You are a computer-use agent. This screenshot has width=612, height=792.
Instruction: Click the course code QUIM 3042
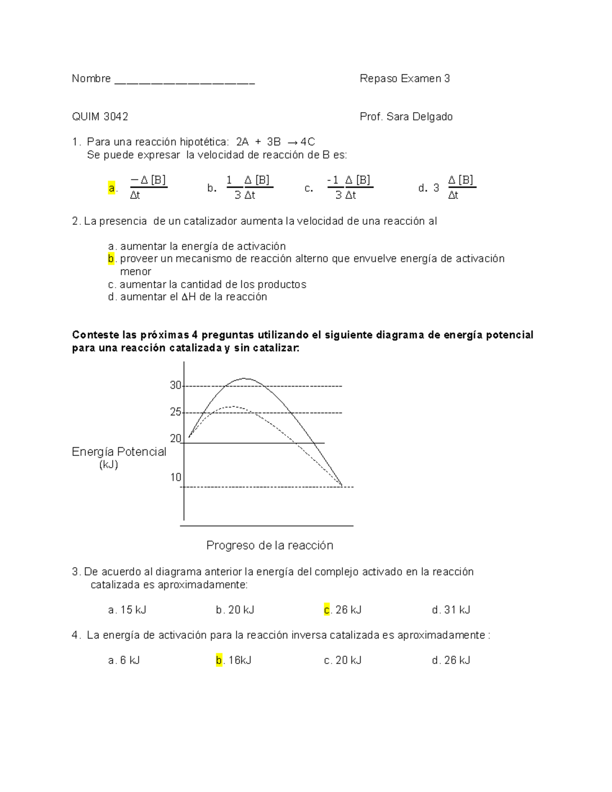[x=100, y=117]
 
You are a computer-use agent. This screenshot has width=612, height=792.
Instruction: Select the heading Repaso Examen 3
[x=404, y=79]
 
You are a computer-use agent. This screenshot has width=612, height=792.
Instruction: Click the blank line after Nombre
[x=185, y=81]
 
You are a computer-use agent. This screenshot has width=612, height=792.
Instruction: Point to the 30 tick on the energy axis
[x=176, y=386]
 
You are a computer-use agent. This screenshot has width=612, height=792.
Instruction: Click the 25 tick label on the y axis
[x=176, y=412]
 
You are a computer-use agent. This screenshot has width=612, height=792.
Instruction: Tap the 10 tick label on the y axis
[x=176, y=477]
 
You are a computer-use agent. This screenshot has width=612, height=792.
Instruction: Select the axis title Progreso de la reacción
[x=270, y=546]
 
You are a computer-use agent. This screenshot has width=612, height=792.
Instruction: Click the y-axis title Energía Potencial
[x=119, y=452]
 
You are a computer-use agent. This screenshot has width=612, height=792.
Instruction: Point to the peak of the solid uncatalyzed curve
[x=245, y=378]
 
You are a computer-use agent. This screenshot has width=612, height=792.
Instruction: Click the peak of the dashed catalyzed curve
[x=233, y=406]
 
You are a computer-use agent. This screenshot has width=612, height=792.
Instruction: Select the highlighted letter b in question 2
[x=111, y=259]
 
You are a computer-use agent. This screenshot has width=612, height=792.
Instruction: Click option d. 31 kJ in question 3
[x=451, y=610]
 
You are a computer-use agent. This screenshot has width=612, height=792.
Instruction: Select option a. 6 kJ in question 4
[x=124, y=660]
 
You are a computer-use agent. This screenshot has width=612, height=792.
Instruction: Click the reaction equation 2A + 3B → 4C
[x=275, y=142]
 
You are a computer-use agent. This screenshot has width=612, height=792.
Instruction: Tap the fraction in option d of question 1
[x=461, y=187]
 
